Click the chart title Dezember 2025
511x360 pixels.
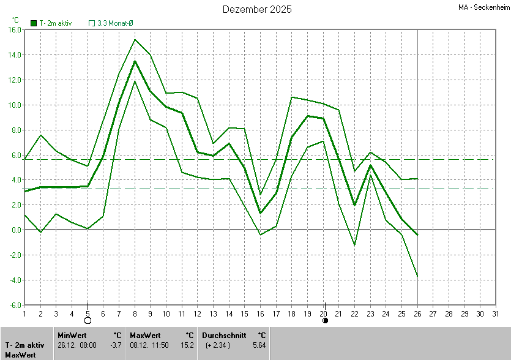(257, 9)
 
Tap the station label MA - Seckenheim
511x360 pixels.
(483, 7)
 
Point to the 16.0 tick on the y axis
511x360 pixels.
(15, 30)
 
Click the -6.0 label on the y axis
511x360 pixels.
(15, 305)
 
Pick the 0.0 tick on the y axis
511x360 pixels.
(16, 230)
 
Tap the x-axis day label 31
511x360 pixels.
(496, 313)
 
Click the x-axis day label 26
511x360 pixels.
(417, 313)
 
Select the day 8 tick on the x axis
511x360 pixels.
(135, 313)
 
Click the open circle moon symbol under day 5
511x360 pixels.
(88, 320)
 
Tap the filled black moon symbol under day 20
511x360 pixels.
(325, 320)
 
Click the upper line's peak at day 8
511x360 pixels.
(135, 40)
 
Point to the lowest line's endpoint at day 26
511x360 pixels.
(417, 277)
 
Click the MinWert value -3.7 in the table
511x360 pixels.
(116, 345)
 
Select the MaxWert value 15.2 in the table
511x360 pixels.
(187, 345)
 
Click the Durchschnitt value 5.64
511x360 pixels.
(259, 345)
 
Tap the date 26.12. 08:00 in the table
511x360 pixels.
(76, 345)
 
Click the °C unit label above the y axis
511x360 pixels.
(15, 20)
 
